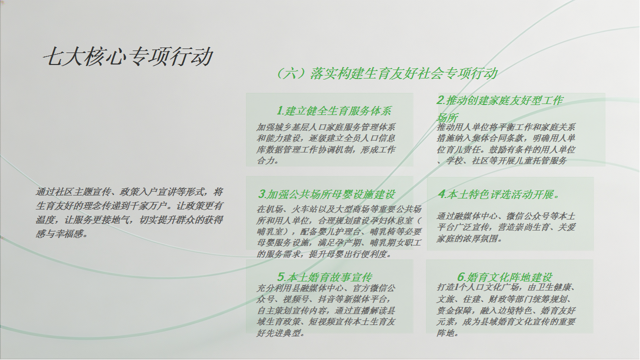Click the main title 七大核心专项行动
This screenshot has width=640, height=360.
128,56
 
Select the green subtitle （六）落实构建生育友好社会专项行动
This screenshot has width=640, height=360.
387,73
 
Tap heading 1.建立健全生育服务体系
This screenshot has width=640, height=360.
334,111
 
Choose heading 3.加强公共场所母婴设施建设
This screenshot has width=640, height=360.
326,194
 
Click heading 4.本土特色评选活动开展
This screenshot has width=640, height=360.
499,194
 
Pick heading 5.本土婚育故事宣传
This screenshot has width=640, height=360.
324,277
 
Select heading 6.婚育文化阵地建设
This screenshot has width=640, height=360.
504,277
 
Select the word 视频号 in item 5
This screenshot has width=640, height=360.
296,299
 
